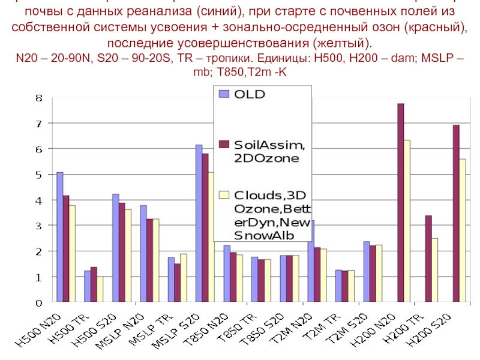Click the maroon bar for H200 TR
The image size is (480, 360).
pyautogui.click(x=428, y=259)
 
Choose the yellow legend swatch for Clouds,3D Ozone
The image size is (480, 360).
pyautogui.click(x=224, y=195)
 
